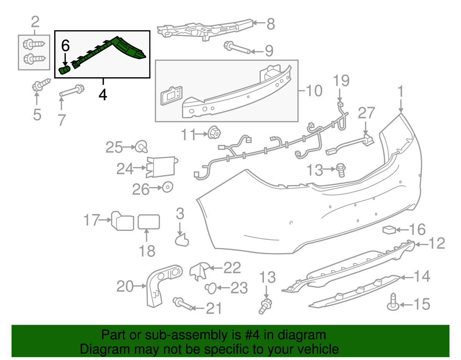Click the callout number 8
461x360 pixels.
click(x=271, y=24)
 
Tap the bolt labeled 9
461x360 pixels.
click(x=237, y=48)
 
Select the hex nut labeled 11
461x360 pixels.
click(x=214, y=133)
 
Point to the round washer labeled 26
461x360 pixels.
click(x=167, y=187)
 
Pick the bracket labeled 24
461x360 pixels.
click(x=162, y=167)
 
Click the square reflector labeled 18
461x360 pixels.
click(x=149, y=222)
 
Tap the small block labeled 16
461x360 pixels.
click(x=389, y=230)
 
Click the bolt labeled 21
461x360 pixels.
click(x=182, y=304)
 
